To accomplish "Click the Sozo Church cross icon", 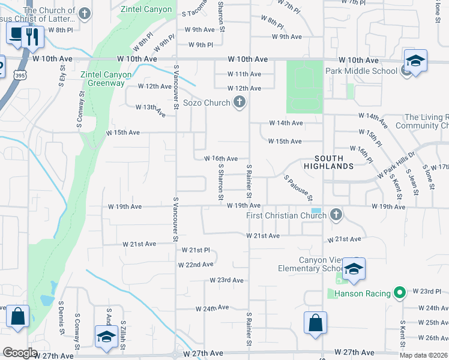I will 240,103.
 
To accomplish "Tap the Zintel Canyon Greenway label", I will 106,79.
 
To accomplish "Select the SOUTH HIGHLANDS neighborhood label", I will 328,161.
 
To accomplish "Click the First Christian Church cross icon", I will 336,214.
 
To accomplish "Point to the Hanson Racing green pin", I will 400,293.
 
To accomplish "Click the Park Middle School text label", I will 361,71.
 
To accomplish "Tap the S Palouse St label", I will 298,188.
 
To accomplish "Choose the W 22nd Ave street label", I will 196,265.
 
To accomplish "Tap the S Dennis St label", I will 62,322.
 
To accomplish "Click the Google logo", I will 20,353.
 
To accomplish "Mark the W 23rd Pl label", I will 427,291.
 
